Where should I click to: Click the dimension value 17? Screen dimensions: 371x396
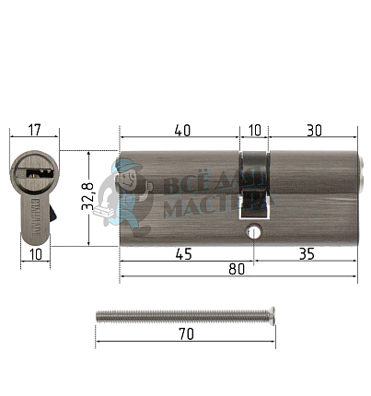tap(34, 130)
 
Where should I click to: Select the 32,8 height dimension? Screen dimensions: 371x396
tap(87, 196)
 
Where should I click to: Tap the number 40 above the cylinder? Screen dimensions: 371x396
tap(182, 131)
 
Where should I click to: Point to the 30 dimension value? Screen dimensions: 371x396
tap(314, 131)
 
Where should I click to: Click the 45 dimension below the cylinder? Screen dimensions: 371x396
tap(184, 254)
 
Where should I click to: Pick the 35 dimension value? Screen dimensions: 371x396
tap(307, 254)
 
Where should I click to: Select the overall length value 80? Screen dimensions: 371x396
tap(237, 269)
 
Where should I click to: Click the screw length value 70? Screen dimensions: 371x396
tap(186, 334)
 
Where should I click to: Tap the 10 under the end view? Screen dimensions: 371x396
tap(36, 254)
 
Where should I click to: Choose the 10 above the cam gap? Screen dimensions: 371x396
tap(255, 131)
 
